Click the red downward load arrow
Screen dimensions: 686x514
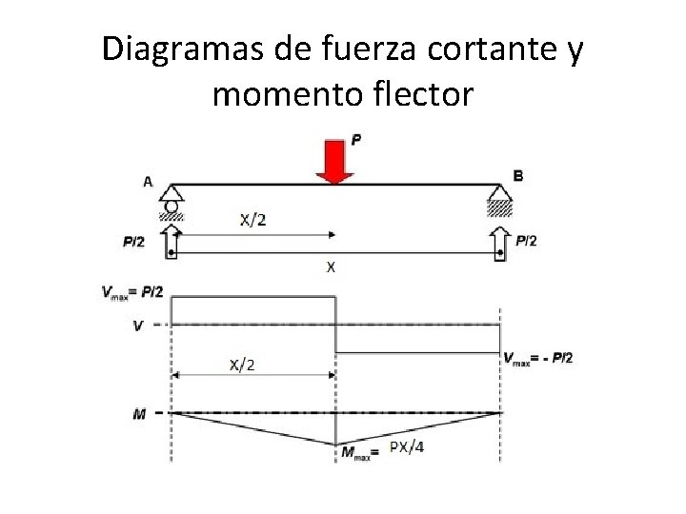335,161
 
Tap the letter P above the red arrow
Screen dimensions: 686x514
356,140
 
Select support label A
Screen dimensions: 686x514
148,181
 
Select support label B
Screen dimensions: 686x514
517,175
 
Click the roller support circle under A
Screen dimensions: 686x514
171,206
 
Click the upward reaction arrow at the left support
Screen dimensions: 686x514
171,241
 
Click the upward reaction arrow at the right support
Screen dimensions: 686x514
501,241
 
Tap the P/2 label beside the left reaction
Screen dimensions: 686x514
134,242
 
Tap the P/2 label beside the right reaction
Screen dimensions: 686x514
526,241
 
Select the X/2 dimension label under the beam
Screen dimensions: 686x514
252,220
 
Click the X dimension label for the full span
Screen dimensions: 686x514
331,267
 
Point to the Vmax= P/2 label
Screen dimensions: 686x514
132,292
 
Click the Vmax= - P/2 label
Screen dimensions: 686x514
538,358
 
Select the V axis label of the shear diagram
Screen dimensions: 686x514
138,325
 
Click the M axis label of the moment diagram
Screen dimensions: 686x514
139,413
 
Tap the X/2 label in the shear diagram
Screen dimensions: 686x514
242,365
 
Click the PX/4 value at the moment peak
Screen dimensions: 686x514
406,448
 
